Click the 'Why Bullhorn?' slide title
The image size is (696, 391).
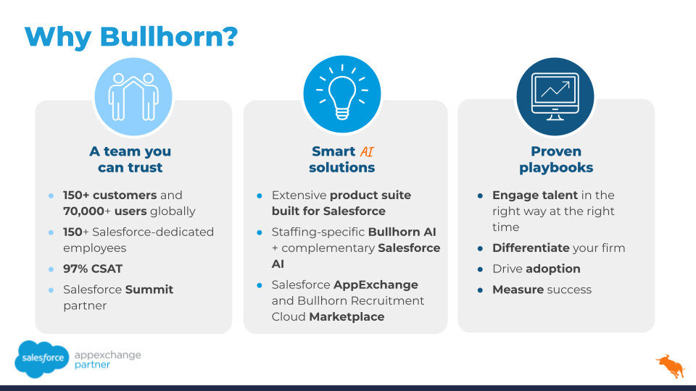point(131,36)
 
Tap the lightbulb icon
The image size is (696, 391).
point(342,93)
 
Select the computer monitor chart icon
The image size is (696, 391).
point(555,96)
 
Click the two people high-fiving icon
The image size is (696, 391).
point(133,96)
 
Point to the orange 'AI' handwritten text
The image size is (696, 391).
point(367,152)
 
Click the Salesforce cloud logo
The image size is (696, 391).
point(42,359)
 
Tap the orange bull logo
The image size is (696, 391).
point(671,366)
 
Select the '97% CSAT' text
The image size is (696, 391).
point(93,269)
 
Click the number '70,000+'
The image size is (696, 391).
point(87,211)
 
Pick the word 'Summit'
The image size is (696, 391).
point(149,290)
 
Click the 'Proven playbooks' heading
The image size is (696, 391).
point(556,159)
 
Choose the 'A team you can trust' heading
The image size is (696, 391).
point(130,159)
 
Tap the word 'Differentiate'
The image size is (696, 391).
point(531,248)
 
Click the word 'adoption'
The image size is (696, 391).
point(552,269)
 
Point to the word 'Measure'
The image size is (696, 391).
point(518,290)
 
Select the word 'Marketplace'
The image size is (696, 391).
point(347,317)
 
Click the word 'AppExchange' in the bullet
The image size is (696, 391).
point(376,285)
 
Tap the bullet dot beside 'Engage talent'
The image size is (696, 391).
point(480,195)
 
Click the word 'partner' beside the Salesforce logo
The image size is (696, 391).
point(92,365)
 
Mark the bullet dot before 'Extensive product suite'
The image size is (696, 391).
point(260,195)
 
